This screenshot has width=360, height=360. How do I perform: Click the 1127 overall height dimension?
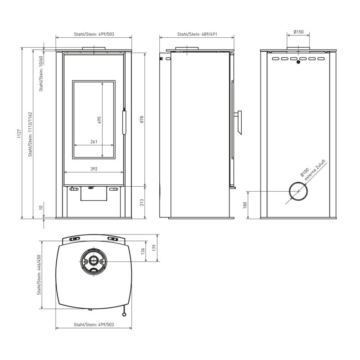[19, 133]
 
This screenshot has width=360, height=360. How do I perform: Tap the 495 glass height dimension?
[99, 120]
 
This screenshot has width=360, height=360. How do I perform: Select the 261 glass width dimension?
[94, 142]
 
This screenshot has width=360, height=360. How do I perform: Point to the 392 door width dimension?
[94, 169]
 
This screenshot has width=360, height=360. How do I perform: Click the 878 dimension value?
[142, 119]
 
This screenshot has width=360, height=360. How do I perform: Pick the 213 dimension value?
[142, 202]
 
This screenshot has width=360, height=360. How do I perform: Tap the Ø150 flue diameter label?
[298, 31]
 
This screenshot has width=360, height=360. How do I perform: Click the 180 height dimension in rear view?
[245, 205]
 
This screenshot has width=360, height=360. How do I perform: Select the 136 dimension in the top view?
[143, 251]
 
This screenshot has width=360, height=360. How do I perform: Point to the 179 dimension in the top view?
[154, 248]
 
